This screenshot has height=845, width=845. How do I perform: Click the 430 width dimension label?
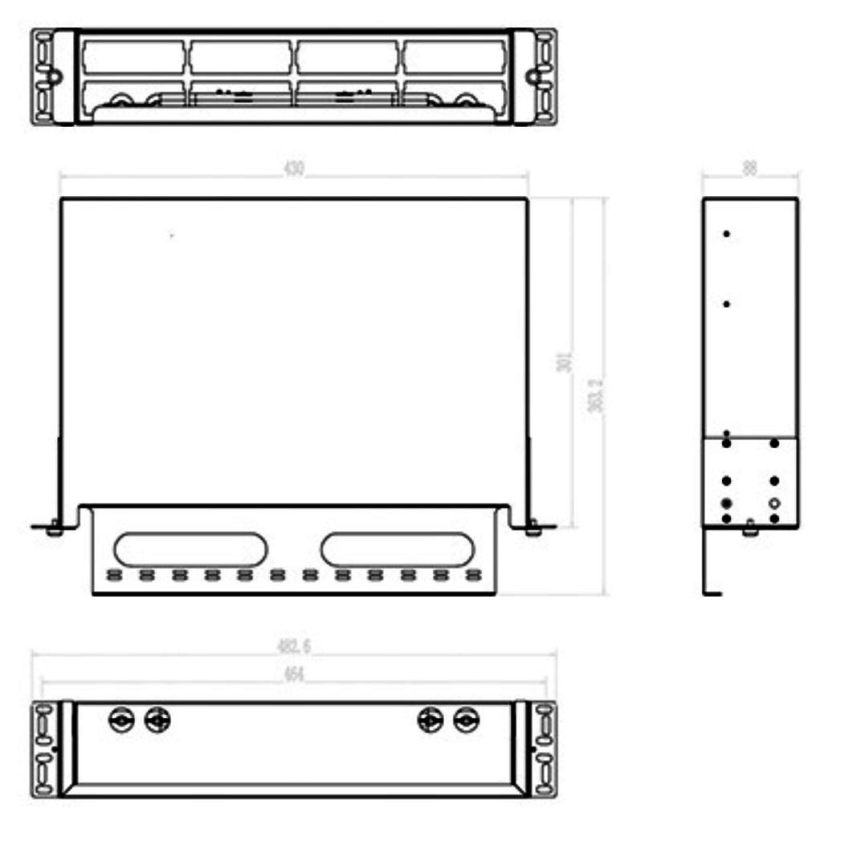click(294, 169)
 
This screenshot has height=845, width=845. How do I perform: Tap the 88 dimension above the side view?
click(750, 167)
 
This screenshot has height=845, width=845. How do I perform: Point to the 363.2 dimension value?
click(596, 396)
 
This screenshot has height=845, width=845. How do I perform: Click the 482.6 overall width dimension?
click(294, 646)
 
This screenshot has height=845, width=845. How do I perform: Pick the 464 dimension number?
click(294, 675)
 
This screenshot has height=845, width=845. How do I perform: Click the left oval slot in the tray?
click(190, 549)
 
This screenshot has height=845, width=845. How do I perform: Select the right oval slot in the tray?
click(397, 549)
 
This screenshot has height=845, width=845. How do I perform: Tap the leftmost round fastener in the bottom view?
click(121, 720)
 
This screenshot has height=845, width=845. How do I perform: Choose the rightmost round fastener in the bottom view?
click(465, 720)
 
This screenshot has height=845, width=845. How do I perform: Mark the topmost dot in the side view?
click(727, 234)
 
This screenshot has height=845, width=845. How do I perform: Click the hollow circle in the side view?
click(774, 504)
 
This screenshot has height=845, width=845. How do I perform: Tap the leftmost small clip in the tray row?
click(113, 575)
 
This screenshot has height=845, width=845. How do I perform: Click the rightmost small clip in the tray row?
click(474, 575)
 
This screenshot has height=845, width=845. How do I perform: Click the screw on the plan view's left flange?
click(53, 529)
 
